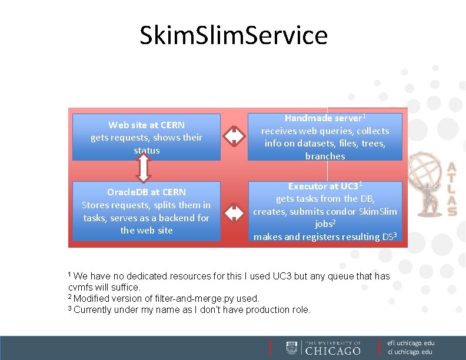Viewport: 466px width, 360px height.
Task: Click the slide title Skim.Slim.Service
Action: click(x=234, y=35)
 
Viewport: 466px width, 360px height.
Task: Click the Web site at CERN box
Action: click(x=147, y=137)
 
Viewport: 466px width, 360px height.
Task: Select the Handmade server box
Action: click(x=325, y=136)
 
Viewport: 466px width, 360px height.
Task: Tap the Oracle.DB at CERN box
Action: click(x=147, y=211)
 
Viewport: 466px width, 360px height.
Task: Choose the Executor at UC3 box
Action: click(x=325, y=211)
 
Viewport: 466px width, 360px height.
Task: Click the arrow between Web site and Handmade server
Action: click(x=234, y=136)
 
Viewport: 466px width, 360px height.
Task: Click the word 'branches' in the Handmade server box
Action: click(x=325, y=156)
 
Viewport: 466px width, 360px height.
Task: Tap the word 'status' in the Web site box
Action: click(x=147, y=151)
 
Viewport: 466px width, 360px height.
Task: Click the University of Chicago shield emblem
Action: click(x=292, y=348)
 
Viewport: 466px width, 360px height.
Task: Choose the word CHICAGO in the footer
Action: click(x=333, y=351)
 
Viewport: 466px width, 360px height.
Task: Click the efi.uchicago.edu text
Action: click(x=411, y=343)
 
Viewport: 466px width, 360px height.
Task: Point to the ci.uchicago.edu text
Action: click(x=410, y=352)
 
